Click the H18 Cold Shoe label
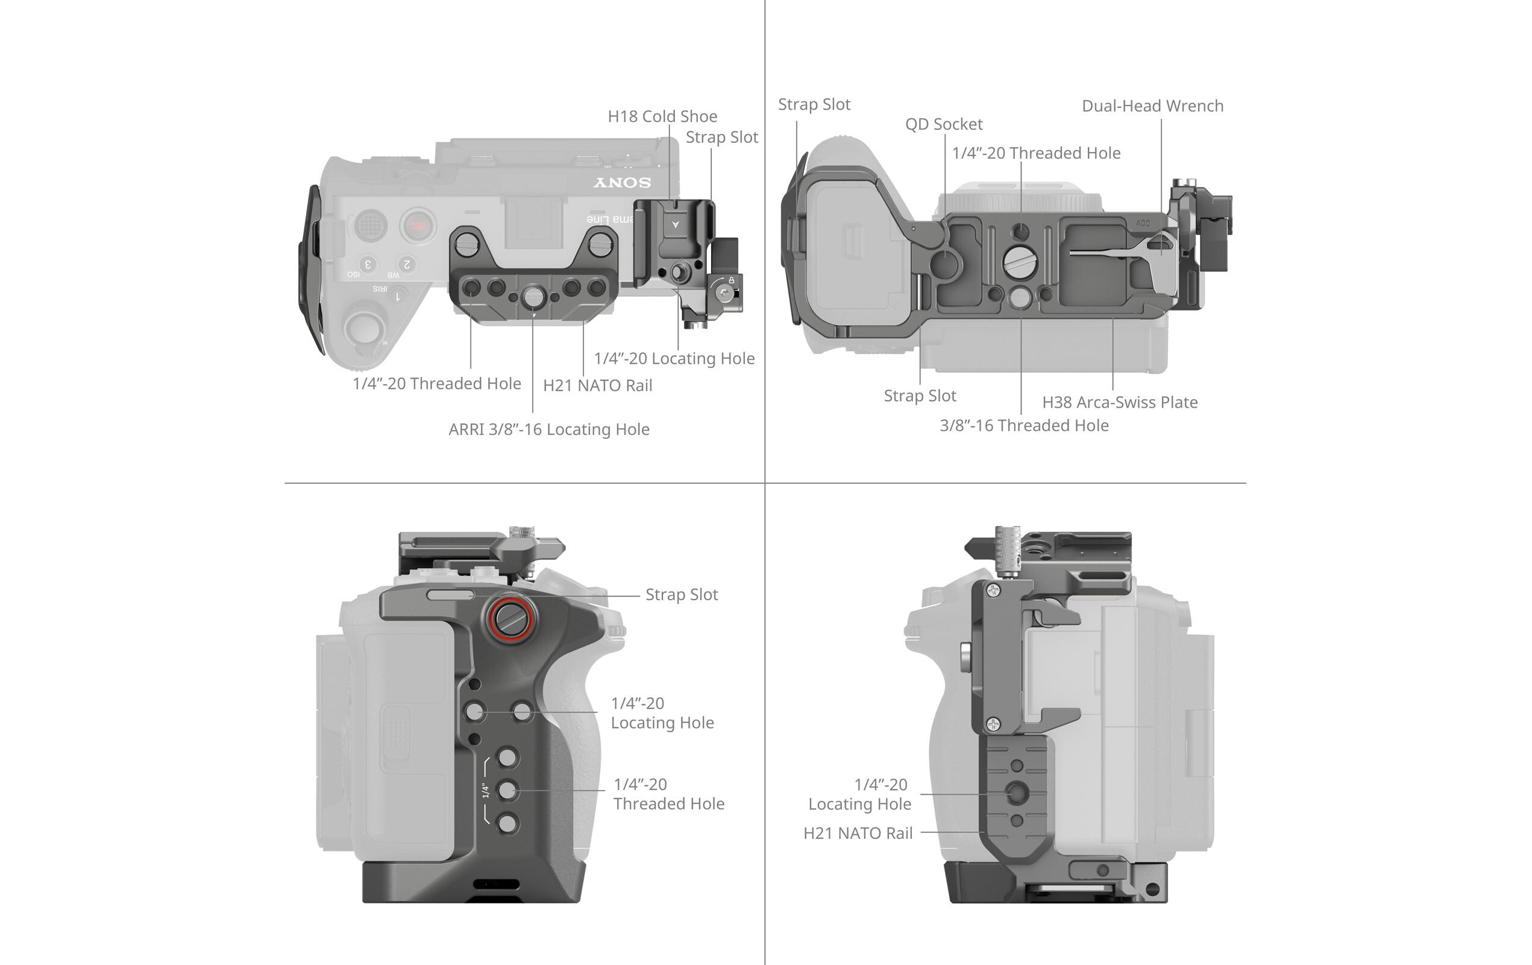pyautogui.click(x=662, y=116)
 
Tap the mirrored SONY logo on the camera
pyautogui.click(x=622, y=183)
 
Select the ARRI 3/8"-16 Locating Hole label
pyautogui.click(x=548, y=429)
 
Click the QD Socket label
pyautogui.click(x=944, y=124)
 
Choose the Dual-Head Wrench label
pyautogui.click(x=1152, y=106)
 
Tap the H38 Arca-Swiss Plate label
pyautogui.click(x=1119, y=402)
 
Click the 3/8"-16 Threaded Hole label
pyautogui.click(x=1024, y=425)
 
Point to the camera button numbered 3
pyautogui.click(x=367, y=264)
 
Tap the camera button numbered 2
pyautogui.click(x=407, y=264)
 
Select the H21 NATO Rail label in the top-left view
pyautogui.click(x=597, y=386)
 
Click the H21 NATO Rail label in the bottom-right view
pyautogui.click(x=858, y=834)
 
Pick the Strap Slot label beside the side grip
pyautogui.click(x=682, y=595)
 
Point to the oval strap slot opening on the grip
pyautogui.click(x=450, y=595)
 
